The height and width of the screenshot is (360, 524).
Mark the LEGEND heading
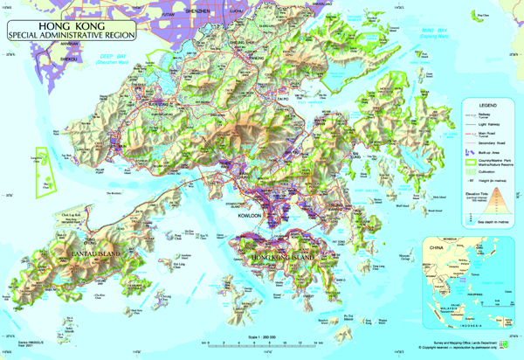click(486, 104)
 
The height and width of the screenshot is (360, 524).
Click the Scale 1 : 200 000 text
click(261, 336)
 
